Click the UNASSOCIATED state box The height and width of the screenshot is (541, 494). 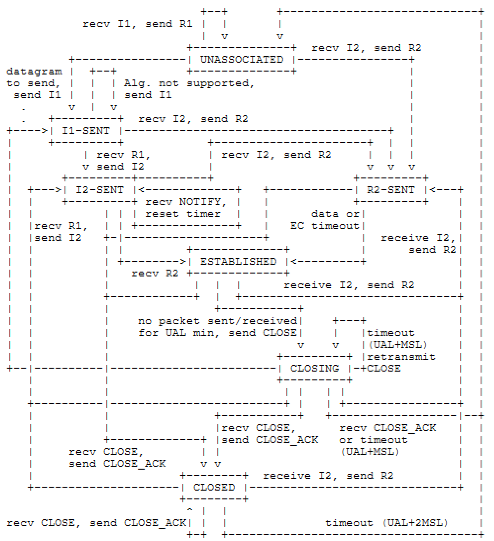pos(242,59)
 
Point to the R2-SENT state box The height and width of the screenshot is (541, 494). pos(390,190)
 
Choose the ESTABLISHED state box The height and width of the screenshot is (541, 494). pos(238,261)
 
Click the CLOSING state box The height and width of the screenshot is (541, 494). pos(314,368)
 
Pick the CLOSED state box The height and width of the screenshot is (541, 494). pos(214,487)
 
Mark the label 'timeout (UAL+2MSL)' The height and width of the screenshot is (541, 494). pos(386,523)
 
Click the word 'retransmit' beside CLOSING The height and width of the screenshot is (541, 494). pos(401,356)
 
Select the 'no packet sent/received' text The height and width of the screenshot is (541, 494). pos(217,321)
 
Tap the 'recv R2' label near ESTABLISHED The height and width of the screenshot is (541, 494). pos(155,273)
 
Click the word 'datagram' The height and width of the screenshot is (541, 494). pos(34,71)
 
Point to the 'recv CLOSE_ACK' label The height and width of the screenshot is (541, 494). pos(387,428)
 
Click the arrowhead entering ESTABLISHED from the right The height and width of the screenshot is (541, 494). pos(294,261)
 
